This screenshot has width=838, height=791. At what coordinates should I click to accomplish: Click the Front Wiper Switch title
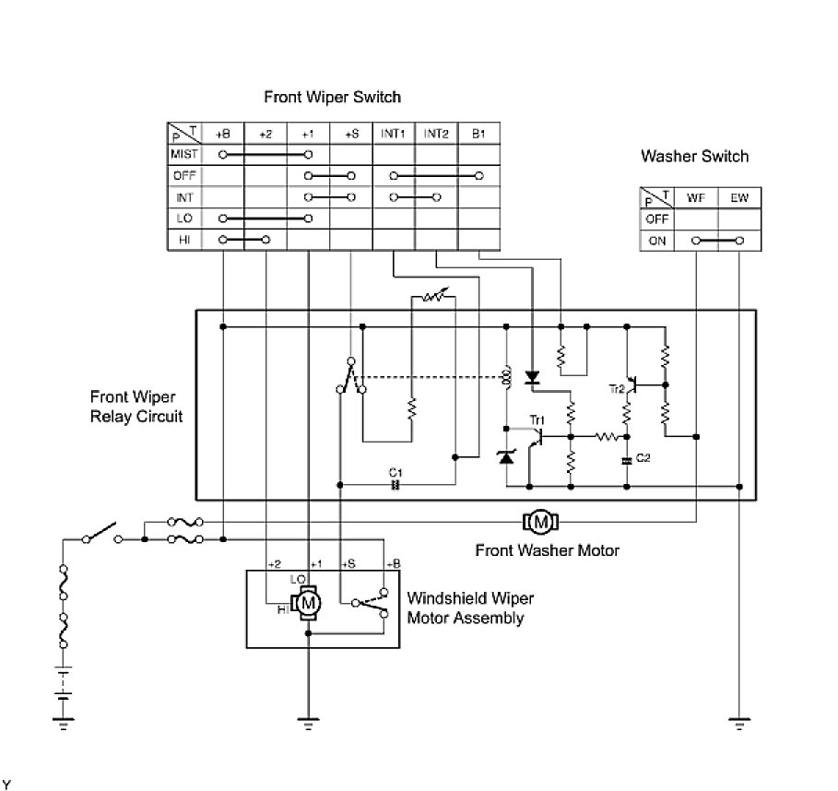(332, 96)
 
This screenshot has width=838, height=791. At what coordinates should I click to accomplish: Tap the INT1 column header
(393, 133)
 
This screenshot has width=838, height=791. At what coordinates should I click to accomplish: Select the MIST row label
(183, 154)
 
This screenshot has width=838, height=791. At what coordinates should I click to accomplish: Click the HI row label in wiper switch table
(183, 240)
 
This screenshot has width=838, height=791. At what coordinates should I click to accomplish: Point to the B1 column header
(478, 133)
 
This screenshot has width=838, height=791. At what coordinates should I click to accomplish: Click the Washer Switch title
(694, 156)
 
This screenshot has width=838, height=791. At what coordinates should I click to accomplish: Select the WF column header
(696, 197)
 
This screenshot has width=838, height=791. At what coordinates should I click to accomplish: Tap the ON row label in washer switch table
(656, 241)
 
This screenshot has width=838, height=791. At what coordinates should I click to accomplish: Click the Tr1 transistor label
(537, 419)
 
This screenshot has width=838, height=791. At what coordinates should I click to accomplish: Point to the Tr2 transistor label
(616, 388)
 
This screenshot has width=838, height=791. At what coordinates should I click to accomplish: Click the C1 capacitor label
(398, 471)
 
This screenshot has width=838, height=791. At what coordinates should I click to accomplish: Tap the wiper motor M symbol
(310, 602)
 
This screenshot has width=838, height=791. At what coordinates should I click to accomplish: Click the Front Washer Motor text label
(547, 550)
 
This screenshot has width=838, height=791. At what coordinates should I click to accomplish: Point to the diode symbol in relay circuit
(532, 377)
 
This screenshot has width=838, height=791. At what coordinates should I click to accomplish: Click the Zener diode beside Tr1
(506, 455)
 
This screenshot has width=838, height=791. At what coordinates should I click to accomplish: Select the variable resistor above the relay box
(433, 297)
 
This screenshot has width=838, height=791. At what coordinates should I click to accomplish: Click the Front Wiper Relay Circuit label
(136, 407)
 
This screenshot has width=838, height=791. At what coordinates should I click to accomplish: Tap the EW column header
(740, 197)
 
